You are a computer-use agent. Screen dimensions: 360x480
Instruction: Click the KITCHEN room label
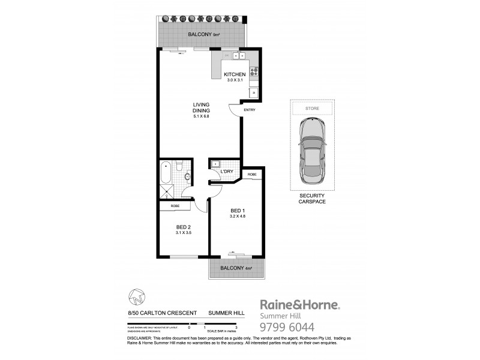(235, 75)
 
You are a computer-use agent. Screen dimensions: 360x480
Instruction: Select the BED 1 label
(238, 211)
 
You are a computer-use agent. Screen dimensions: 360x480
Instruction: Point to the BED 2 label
(183, 227)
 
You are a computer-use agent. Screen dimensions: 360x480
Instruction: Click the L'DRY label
(227, 172)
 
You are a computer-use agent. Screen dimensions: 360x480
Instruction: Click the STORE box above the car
(312, 109)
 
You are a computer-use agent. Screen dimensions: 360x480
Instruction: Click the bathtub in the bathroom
(166, 173)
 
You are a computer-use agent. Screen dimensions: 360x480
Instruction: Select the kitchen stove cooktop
(254, 73)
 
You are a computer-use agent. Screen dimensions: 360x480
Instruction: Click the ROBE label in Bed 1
(253, 175)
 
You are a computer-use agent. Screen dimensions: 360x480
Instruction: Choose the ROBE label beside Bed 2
(175, 206)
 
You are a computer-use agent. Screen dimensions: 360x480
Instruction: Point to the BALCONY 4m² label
(236, 268)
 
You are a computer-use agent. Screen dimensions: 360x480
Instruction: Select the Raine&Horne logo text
(299, 305)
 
